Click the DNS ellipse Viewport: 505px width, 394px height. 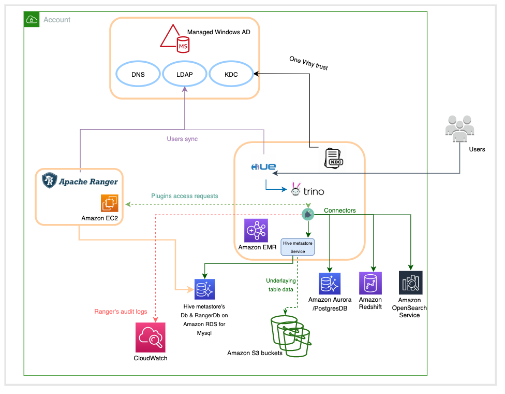click(138, 74)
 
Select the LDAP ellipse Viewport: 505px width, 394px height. click(184, 74)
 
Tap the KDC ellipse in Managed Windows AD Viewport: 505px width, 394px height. click(231, 74)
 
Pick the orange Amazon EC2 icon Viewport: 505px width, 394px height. click(110, 203)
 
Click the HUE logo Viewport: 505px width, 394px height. click(263, 166)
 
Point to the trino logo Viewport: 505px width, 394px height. click(307, 190)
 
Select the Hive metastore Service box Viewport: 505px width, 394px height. click(298, 247)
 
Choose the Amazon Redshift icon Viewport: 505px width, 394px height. click(370, 283)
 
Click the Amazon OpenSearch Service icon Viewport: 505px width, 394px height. click(411, 283)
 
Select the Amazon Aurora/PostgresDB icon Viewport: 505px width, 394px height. click(330, 283)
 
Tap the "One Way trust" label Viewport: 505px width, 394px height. click(308, 64)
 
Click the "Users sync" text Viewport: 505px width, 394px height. click(182, 139)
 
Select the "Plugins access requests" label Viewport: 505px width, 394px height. click(185, 196)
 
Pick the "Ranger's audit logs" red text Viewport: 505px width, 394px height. click(121, 312)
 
